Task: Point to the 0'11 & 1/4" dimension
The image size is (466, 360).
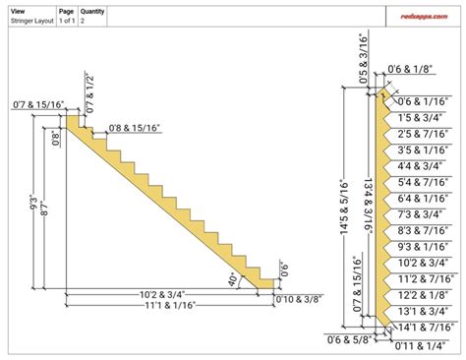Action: point(420,346)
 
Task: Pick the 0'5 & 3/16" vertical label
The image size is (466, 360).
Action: point(366,58)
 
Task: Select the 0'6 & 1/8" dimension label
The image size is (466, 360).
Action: point(408,68)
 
